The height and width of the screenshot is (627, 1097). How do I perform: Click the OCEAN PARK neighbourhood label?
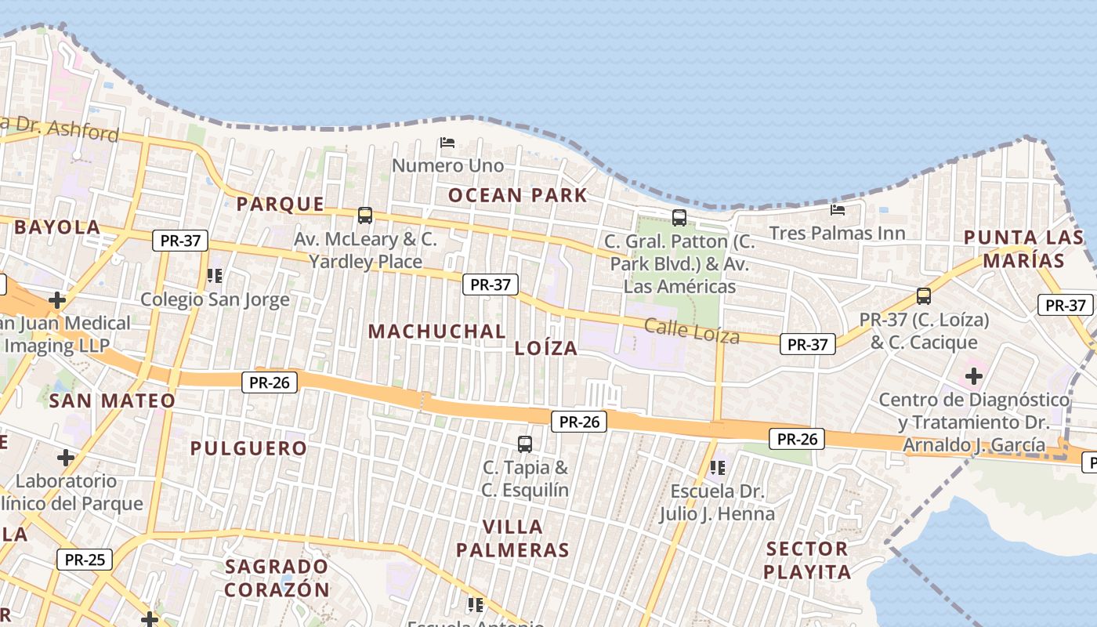[517, 195]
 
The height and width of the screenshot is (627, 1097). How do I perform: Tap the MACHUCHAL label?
[436, 331]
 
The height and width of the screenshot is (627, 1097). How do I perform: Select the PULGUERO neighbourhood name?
[248, 448]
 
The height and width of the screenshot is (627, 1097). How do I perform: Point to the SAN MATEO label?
[112, 401]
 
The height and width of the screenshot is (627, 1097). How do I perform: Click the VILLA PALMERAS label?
[512, 538]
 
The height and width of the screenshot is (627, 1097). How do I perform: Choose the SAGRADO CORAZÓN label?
[277, 578]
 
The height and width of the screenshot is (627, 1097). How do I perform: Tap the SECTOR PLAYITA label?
[807, 560]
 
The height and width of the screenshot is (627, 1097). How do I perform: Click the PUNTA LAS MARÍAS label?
[1023, 248]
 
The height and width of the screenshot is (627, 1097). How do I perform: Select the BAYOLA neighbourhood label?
[57, 227]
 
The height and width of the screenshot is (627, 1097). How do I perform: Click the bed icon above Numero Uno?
[447, 143]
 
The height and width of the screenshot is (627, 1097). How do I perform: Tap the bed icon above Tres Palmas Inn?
[838, 209]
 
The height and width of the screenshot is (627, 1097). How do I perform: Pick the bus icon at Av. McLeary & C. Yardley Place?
[364, 215]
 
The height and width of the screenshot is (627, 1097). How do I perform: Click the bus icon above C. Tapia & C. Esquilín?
[525, 444]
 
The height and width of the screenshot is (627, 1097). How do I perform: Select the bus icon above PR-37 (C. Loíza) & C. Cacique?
[924, 296]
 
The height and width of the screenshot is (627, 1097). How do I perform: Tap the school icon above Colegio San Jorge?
[215, 275]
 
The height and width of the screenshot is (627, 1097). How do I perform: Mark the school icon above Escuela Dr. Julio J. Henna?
[717, 468]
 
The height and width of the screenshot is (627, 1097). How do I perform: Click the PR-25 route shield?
[85, 560]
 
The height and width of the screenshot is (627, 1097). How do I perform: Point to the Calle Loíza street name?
[692, 332]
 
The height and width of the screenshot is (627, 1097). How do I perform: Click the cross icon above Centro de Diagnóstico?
[974, 376]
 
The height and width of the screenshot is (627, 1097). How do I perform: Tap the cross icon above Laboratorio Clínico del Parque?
[66, 457]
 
